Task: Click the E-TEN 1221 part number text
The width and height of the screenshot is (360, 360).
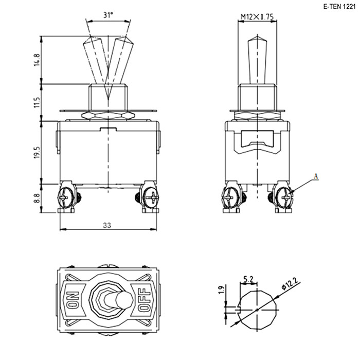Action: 339,7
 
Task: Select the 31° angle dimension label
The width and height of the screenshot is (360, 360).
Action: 108,15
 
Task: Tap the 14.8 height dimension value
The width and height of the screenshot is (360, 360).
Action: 37,60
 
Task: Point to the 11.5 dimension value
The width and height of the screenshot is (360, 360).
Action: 37,102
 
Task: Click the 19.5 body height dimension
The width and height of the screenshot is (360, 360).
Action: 37,153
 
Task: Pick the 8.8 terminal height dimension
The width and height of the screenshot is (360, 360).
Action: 37,198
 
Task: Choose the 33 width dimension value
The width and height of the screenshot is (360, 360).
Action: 107,225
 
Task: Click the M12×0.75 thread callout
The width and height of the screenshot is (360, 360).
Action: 257,17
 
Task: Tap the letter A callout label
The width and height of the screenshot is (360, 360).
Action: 316,176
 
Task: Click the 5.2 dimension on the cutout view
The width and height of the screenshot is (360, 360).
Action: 248,279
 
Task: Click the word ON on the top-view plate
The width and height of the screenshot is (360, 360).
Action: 73,300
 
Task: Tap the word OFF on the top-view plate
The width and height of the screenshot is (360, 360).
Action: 144,300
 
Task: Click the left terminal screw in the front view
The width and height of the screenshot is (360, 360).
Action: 65,197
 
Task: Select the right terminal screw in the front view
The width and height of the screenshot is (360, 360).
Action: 151,197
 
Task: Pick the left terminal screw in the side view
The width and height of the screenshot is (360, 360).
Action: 230,197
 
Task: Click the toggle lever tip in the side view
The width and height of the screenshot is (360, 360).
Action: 257,37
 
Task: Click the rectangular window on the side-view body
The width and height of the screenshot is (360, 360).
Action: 257,138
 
